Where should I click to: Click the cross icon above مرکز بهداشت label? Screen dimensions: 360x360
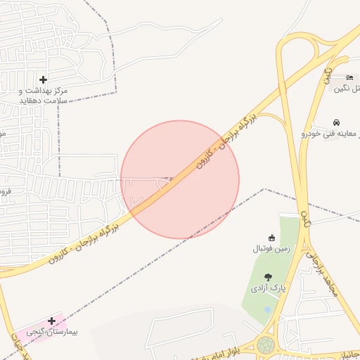pyautogui.click(x=44, y=79)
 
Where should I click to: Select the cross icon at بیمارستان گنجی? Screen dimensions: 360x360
pyautogui.click(x=51, y=321)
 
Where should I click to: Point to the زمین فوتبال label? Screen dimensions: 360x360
pyautogui.click(x=271, y=248)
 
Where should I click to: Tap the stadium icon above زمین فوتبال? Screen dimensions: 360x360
pyautogui.click(x=272, y=237)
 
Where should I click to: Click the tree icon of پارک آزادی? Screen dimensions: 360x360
pyautogui.click(x=267, y=278)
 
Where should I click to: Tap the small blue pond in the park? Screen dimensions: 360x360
pyautogui.click(x=267, y=309)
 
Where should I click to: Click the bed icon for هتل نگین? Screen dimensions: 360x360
pyautogui.click(x=350, y=77)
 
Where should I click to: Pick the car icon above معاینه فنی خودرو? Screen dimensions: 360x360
pyautogui.click(x=336, y=122)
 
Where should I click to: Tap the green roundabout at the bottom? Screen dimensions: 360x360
pyautogui.click(x=266, y=345)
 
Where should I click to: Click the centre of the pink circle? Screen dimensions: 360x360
pyautogui.click(x=180, y=179)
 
